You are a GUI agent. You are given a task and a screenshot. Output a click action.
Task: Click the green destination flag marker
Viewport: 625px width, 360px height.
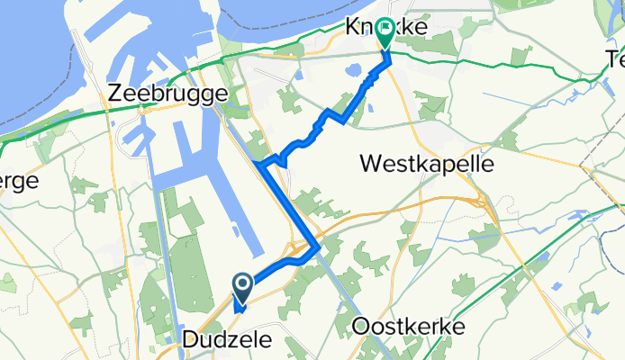(x=385, y=33)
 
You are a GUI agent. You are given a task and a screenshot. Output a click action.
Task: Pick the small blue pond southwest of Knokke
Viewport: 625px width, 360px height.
(x=349, y=68)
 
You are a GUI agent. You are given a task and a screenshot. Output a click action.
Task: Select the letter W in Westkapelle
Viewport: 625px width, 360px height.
(x=370, y=164)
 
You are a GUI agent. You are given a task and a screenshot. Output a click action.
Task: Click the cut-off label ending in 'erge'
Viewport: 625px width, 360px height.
(x=18, y=181)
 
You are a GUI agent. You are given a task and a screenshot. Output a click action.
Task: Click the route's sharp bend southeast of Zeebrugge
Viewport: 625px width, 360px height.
(x=260, y=165)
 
